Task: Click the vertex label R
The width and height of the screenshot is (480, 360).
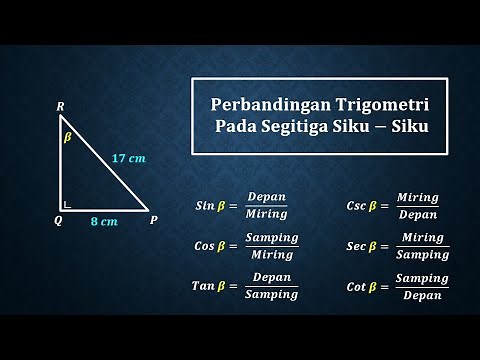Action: (x=61, y=104)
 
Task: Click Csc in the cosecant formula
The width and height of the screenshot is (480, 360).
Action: (x=355, y=205)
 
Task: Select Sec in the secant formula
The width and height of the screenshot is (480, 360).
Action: (x=355, y=245)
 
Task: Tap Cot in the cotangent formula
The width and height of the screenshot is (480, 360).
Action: (x=355, y=285)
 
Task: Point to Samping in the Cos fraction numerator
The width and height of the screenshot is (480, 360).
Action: (x=271, y=237)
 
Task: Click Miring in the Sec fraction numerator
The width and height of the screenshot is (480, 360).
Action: (x=421, y=237)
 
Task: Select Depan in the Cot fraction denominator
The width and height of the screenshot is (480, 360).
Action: (x=421, y=294)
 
